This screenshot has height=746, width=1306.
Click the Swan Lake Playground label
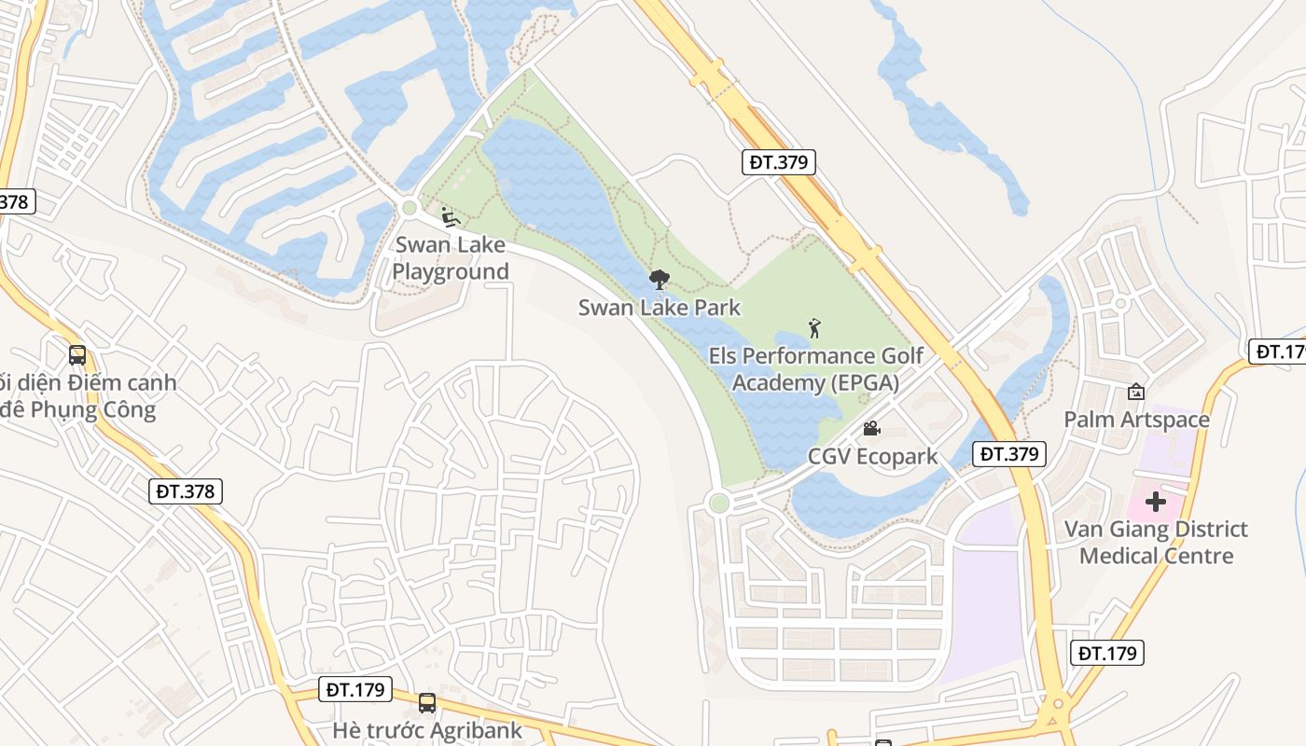click(451, 258)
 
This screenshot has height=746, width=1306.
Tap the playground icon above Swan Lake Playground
click(450, 216)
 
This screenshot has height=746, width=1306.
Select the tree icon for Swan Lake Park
click(660, 279)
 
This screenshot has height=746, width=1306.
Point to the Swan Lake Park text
click(660, 308)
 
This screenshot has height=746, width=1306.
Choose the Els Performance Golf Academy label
click(816, 369)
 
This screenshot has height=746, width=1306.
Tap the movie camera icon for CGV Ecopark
click(871, 428)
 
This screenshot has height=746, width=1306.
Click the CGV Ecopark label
click(872, 457)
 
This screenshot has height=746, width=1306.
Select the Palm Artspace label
click(1136, 420)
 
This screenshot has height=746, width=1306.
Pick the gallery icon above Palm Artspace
click(1135, 392)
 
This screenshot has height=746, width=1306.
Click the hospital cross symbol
click(1156, 502)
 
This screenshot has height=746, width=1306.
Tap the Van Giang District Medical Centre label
click(1156, 543)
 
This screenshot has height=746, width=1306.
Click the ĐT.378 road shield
click(186, 491)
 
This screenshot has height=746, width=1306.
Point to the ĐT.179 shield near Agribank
click(356, 690)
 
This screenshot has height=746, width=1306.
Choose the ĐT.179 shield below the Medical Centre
click(1108, 653)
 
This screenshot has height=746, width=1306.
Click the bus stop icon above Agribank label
click(427, 703)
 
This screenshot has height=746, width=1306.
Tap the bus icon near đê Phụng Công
click(77, 355)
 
